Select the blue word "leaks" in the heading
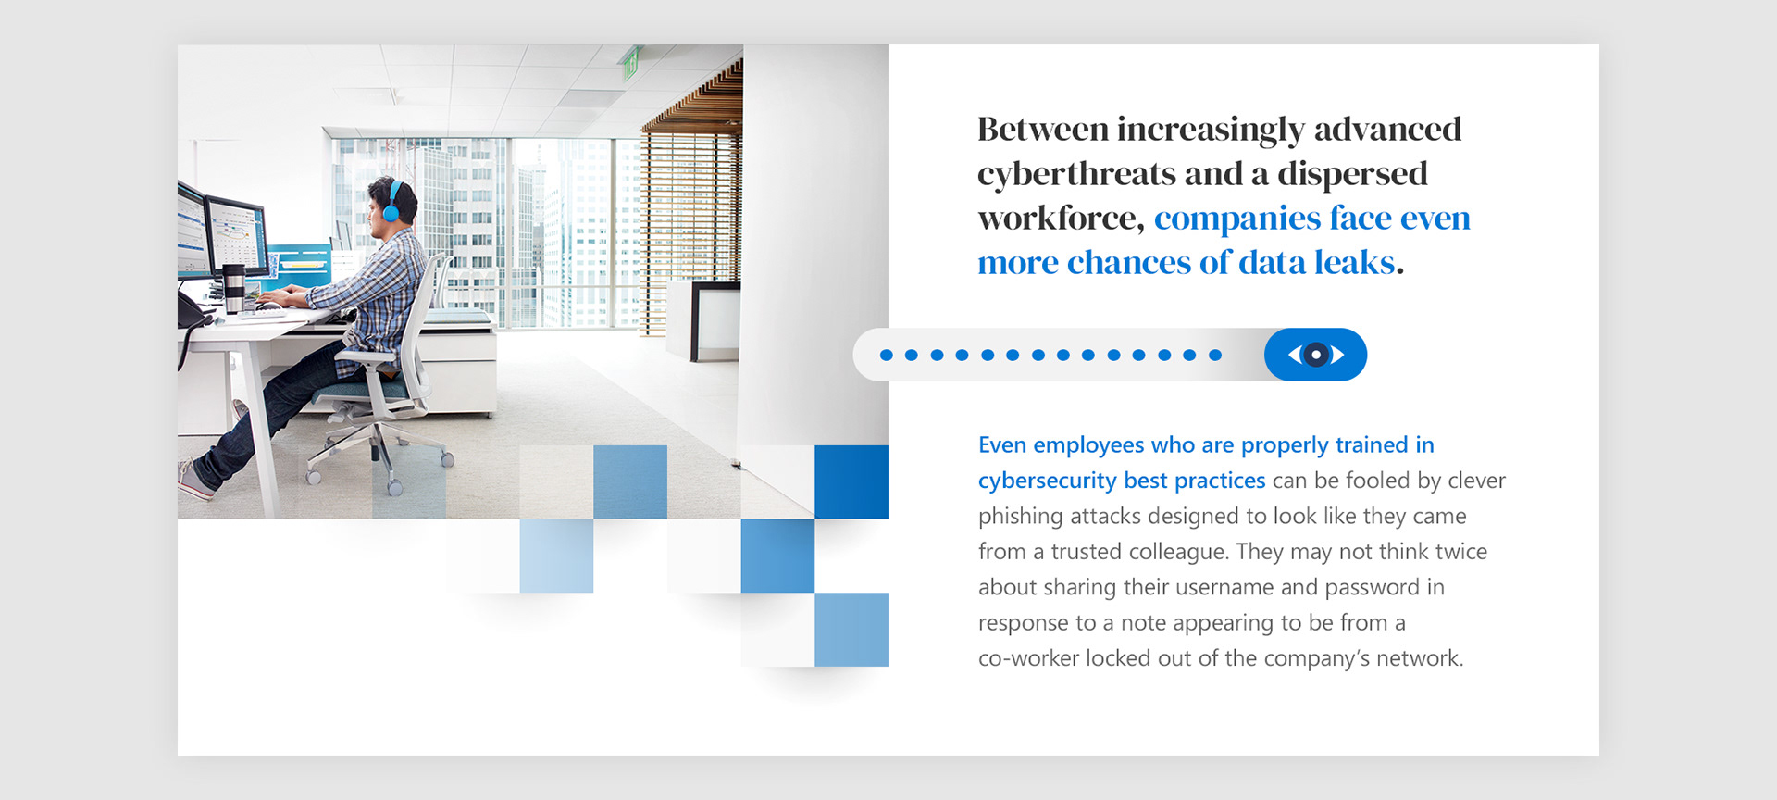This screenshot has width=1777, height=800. click(1355, 262)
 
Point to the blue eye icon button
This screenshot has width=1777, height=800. click(1315, 355)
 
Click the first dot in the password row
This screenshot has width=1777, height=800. click(887, 355)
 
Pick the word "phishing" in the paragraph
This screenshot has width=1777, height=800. click(1020, 517)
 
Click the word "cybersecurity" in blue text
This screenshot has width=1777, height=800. click(1047, 481)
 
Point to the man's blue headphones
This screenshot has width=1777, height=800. click(392, 202)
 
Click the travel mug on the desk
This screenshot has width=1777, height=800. click(234, 289)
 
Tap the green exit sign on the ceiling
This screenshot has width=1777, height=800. click(630, 63)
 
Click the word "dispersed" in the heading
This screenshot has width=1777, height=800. click(1352, 175)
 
